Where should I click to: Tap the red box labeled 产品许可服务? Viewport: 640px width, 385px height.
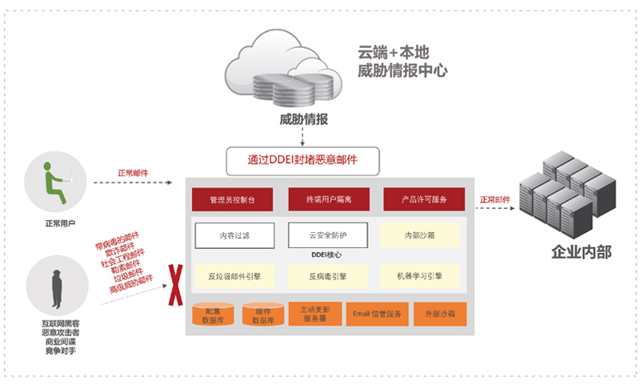point(423,199)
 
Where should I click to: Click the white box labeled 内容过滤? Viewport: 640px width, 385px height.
point(234,235)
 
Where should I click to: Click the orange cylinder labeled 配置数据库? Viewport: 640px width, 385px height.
point(214,315)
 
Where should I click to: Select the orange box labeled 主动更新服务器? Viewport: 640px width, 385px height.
point(313,313)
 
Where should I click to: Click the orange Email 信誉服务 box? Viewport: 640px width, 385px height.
point(377,313)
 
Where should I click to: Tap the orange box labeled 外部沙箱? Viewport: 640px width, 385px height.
point(438,313)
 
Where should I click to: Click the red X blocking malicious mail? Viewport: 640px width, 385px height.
point(172,287)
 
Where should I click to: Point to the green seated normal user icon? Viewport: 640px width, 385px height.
point(52,182)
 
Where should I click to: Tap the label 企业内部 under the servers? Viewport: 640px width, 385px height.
point(582,253)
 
